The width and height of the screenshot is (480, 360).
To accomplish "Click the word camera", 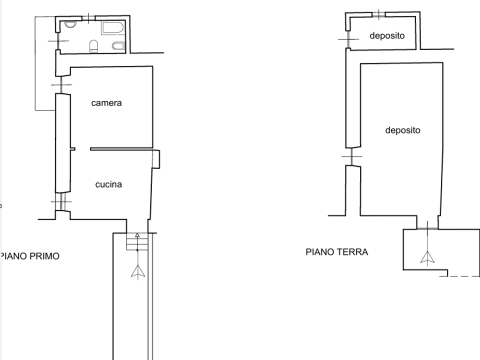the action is click(x=106, y=103).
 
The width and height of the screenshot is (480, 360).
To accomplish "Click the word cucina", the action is click(x=108, y=184).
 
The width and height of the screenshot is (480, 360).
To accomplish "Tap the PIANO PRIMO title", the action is click(x=30, y=256).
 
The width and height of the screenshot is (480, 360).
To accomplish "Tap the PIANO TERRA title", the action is click(x=336, y=252).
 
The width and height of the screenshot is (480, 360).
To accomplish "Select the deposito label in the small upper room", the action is click(x=387, y=35).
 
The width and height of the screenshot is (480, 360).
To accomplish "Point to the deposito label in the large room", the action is click(x=402, y=130).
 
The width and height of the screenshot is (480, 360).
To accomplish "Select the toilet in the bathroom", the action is click(x=93, y=46).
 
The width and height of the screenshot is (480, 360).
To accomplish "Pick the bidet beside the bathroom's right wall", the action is click(x=118, y=46).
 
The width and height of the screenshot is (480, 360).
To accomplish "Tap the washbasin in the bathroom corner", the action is click(x=70, y=24).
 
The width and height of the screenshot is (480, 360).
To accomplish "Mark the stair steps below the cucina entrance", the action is click(x=137, y=241).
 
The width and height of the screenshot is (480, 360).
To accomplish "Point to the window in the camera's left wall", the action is click(x=61, y=85).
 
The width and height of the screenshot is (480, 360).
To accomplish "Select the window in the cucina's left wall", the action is click(x=61, y=201).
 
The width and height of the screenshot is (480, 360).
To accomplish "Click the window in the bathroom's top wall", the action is click(x=88, y=18).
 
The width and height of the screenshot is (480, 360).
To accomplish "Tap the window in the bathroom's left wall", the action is click(x=57, y=40).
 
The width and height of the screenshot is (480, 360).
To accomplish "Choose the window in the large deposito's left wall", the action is click(x=351, y=156).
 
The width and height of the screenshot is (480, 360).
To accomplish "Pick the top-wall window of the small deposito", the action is click(x=378, y=14).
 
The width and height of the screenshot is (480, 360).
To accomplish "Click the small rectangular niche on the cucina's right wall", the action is click(x=156, y=159).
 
